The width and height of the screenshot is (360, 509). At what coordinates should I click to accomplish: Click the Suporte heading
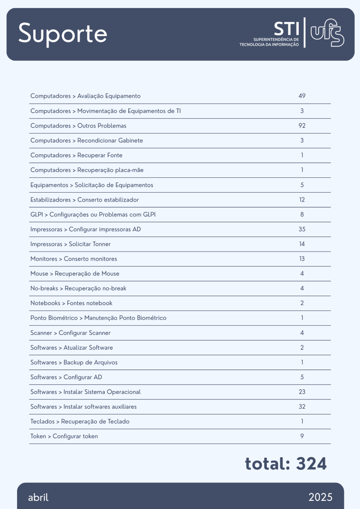63,34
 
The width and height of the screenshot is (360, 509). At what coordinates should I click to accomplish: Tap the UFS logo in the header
327,33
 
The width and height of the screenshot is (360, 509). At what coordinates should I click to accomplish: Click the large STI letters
287,28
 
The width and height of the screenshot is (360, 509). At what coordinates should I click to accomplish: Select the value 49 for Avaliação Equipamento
302,96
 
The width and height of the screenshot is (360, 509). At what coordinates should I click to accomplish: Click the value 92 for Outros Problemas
302,126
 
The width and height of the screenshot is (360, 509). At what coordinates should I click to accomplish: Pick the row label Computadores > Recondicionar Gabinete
86,140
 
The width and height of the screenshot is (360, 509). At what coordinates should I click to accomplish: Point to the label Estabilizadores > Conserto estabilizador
85,199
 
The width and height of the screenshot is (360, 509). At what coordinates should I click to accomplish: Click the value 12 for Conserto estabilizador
302,199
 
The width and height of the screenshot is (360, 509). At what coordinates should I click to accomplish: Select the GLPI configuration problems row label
93,214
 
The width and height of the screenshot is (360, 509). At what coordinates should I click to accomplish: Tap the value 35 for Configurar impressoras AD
302,229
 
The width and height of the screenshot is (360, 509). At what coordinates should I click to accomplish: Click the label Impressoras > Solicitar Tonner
70,244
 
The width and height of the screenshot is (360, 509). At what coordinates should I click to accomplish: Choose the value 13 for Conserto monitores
302,259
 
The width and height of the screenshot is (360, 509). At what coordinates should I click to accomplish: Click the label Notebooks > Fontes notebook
71,303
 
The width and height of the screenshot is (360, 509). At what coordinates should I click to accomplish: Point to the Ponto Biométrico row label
98,318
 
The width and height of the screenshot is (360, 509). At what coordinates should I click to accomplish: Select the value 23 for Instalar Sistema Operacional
302,392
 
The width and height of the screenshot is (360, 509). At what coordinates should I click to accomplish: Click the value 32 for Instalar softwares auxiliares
302,406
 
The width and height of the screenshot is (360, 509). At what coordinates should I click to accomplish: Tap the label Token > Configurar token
64,436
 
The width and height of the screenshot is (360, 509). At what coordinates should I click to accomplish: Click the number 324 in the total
311,464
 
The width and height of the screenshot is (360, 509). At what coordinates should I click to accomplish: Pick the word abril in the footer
38,497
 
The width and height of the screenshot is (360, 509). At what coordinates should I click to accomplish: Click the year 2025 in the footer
320,497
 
